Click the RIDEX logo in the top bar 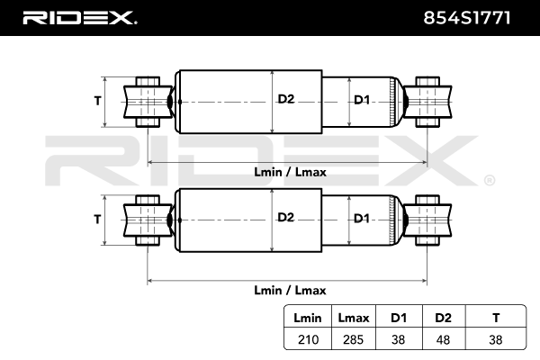point(78,17)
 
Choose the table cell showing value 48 point(442,339)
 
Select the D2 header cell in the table point(442,318)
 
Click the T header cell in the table point(496,318)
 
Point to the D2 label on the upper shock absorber point(285,100)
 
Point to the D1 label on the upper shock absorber point(360,100)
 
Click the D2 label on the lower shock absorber point(285,218)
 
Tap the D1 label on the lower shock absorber point(360,218)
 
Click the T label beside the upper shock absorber point(97,101)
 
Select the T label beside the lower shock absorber point(97,219)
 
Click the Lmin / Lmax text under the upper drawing point(289,172)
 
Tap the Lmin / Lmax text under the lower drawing point(289,290)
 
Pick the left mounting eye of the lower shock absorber point(147,219)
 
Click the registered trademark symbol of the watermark point(489,181)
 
